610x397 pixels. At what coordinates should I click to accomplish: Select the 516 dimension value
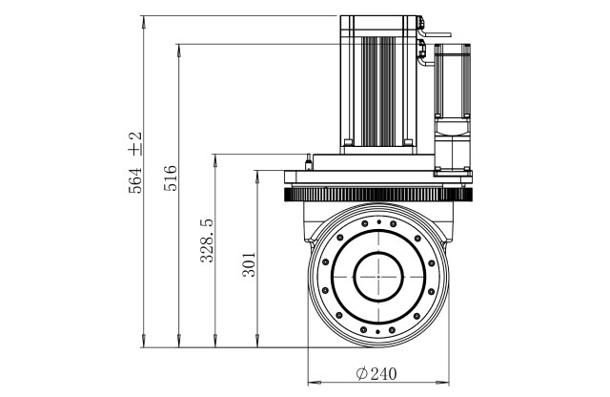(x=172, y=175)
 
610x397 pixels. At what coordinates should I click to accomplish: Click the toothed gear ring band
(x=378, y=197)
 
